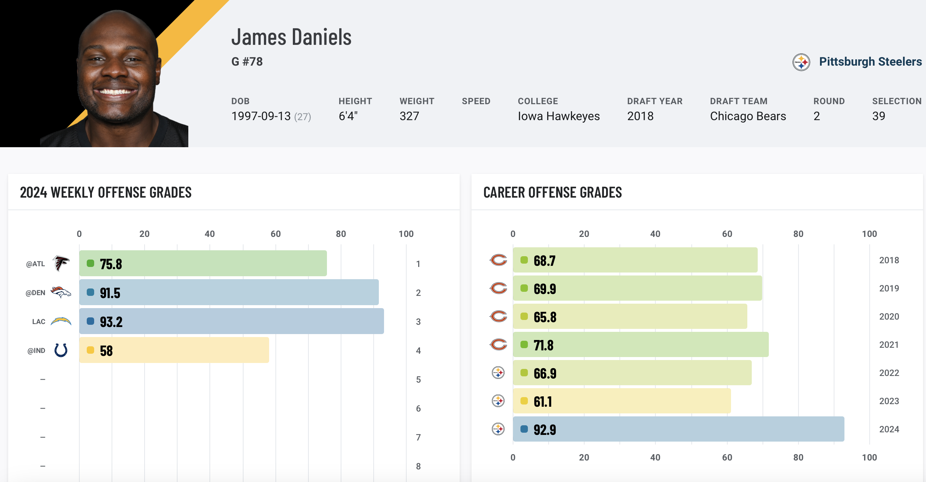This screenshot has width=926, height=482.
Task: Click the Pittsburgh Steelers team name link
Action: pyautogui.click(x=870, y=62)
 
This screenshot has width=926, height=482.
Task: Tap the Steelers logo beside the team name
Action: pyautogui.click(x=801, y=62)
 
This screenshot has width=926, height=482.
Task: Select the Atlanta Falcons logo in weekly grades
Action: pyautogui.click(x=61, y=264)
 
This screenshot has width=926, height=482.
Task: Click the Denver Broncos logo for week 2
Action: pyautogui.click(x=60, y=293)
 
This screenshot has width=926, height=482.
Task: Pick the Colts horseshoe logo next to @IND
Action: pyautogui.click(x=61, y=350)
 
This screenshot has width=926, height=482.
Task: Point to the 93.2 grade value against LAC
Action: pyautogui.click(x=111, y=322)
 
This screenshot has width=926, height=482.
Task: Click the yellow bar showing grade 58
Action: pyautogui.click(x=174, y=350)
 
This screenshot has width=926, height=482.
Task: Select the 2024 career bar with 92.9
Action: pyautogui.click(x=678, y=429)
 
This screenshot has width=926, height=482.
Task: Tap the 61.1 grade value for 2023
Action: pyautogui.click(x=543, y=402)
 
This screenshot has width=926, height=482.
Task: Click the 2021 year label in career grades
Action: pyautogui.click(x=889, y=345)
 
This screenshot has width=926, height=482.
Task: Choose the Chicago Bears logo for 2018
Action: pyautogui.click(x=498, y=260)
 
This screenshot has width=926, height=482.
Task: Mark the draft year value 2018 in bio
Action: pyautogui.click(x=640, y=116)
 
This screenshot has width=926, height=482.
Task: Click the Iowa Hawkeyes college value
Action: pyautogui.click(x=558, y=116)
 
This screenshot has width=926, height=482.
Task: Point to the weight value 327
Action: pyautogui.click(x=409, y=116)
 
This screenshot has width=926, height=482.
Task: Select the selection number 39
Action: pyautogui.click(x=878, y=116)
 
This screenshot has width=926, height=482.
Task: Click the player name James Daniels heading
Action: pyautogui.click(x=291, y=37)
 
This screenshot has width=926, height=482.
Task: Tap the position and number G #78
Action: pyautogui.click(x=247, y=62)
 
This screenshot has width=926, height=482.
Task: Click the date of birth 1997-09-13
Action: pyautogui.click(x=261, y=116)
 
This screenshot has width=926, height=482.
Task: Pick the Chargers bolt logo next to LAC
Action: pyautogui.click(x=61, y=321)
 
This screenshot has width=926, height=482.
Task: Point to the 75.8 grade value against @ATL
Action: pyautogui.click(x=111, y=264)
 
